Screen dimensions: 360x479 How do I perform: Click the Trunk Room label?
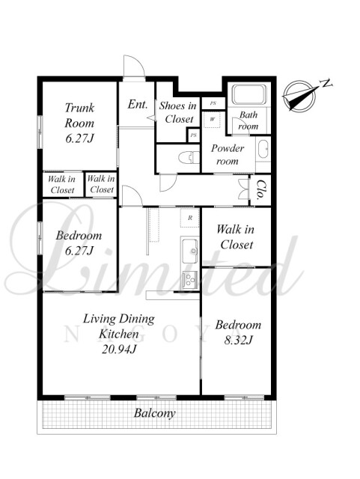tap(79, 123)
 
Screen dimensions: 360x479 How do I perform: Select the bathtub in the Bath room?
tap(249, 94)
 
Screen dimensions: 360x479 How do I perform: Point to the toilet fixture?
tap(189, 158)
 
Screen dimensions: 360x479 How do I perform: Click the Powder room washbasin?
tap(263, 150)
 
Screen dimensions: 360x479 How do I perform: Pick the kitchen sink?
tap(190, 251)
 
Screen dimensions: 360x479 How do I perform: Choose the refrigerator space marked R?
tap(190, 218)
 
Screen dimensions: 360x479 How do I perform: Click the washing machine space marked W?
tap(212, 120)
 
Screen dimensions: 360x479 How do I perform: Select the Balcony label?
tap(155, 413)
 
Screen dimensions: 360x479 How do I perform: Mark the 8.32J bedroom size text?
tap(238, 340)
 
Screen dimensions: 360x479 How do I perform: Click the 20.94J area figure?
tap(119, 349)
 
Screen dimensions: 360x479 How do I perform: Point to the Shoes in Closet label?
tap(178, 112)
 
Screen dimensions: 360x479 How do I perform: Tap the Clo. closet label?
tap(260, 189)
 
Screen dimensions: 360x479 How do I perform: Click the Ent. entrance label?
tap(138, 105)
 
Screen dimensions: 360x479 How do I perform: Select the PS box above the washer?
tap(213, 103)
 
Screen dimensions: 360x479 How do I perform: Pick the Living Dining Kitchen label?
tap(119, 326)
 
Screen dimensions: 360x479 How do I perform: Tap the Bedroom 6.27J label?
tap(79, 242)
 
